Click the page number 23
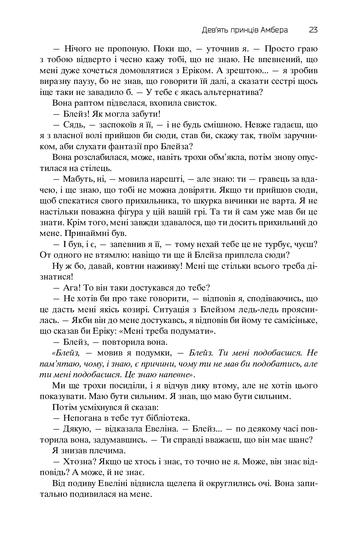[313, 30]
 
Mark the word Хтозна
[77, 462]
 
